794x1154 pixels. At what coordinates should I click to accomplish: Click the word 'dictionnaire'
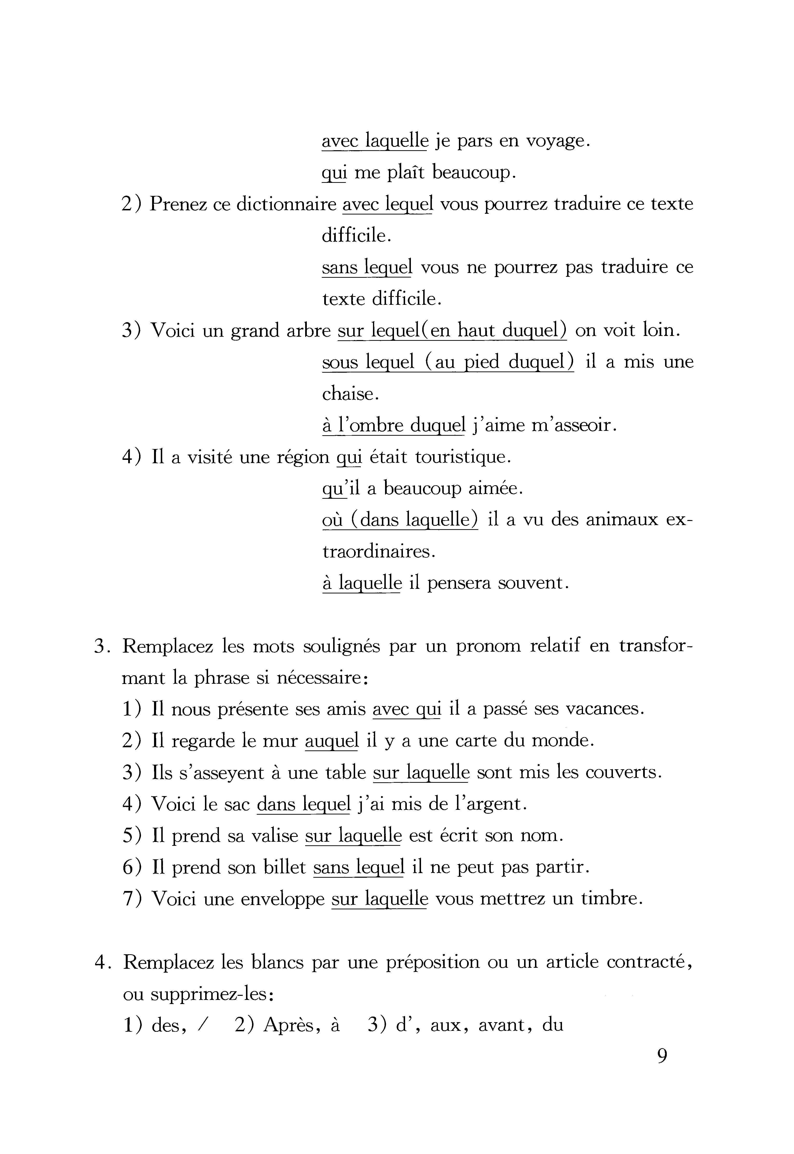[286, 205]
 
